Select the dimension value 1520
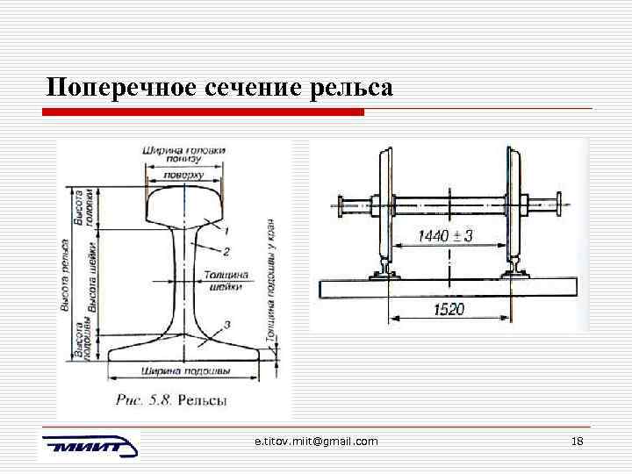coord(449,310)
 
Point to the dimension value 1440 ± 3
coord(445,236)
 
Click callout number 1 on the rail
coord(226,232)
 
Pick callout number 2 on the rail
coord(226,252)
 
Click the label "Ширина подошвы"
coord(184,370)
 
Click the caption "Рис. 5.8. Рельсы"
coord(171,400)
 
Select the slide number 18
coord(577,441)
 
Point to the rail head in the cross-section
coord(183,204)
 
